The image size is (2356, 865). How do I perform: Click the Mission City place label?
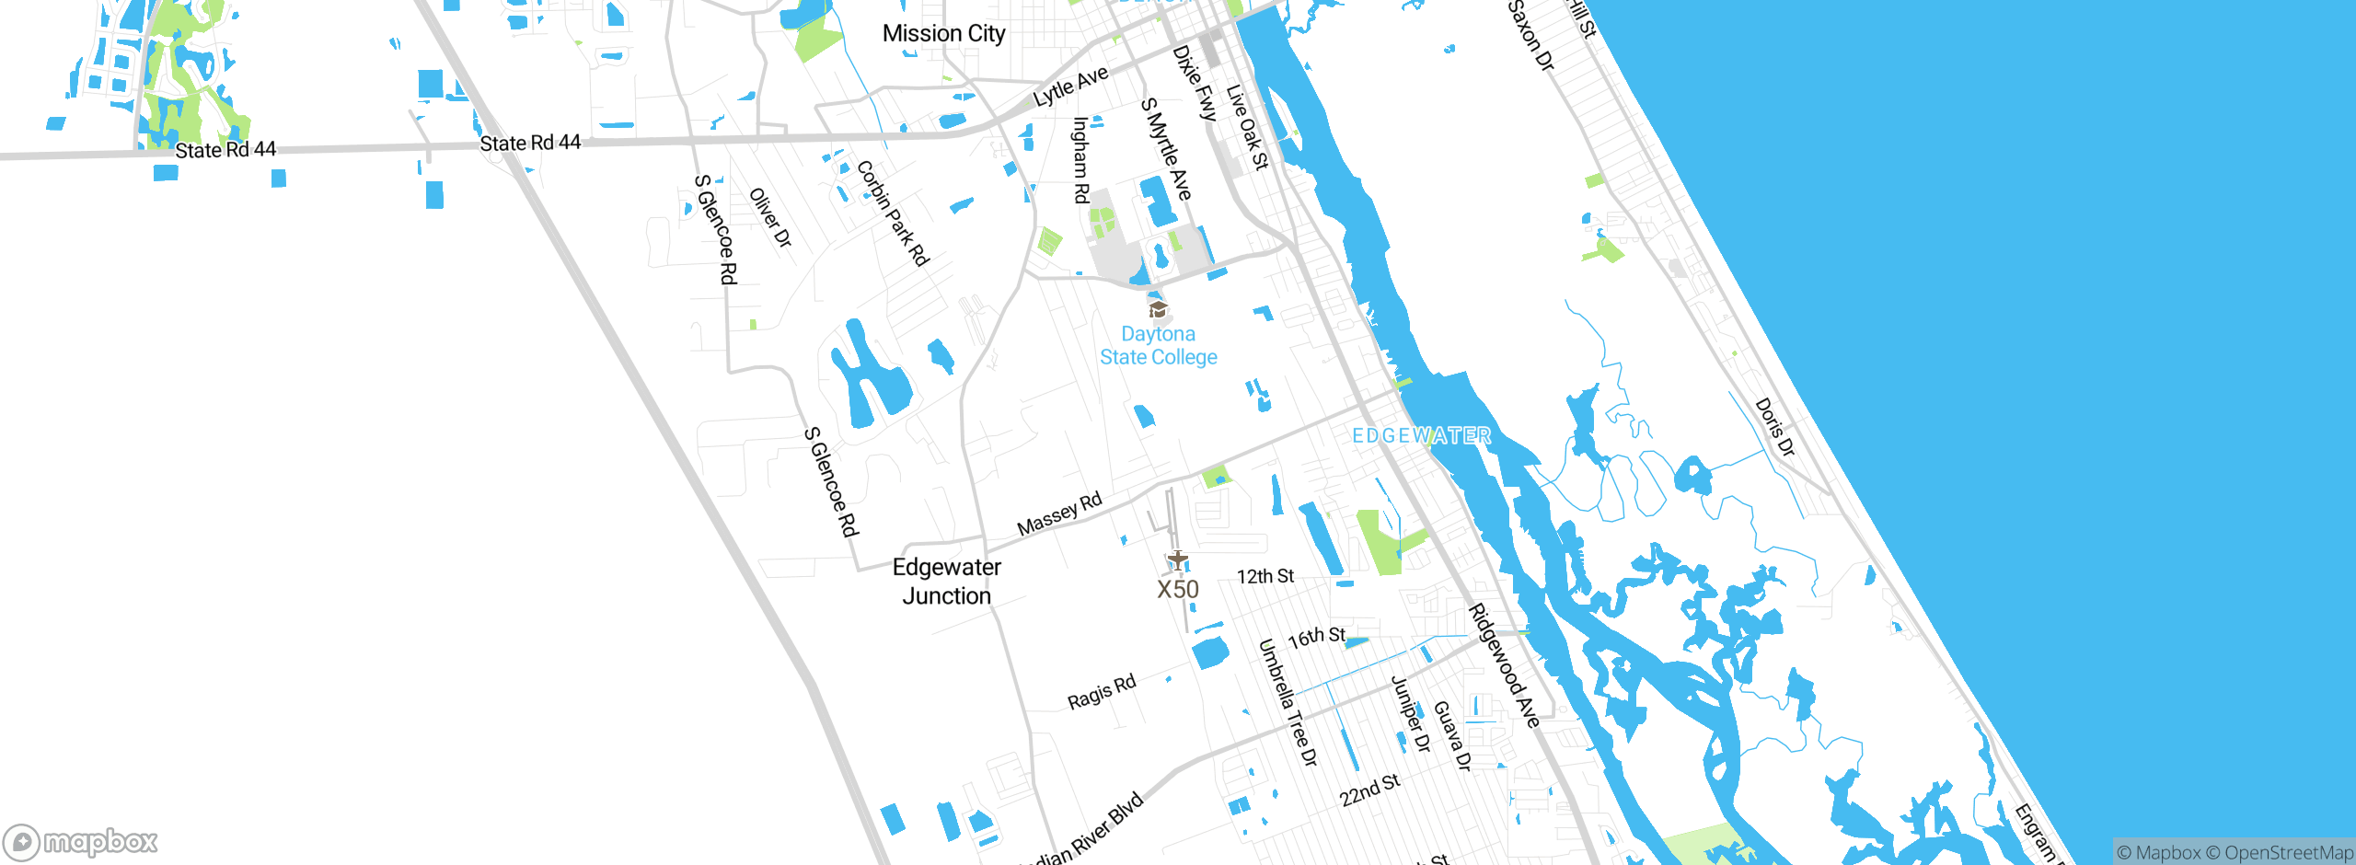click(943, 34)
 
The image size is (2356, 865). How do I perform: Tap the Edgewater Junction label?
click(946, 582)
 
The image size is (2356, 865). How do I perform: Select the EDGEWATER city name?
click(1421, 436)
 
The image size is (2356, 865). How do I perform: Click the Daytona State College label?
click(1159, 346)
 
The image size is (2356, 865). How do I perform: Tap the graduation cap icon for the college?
click(1158, 309)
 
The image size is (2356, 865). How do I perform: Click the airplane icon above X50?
click(1177, 559)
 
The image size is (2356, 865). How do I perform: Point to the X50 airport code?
click(1178, 590)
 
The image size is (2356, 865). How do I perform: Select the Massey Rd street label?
click(1059, 514)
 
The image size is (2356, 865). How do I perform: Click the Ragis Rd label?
click(1102, 692)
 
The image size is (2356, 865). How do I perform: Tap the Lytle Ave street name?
click(1070, 86)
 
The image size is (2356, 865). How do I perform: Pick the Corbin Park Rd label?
click(893, 213)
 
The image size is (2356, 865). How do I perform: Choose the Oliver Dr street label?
click(770, 218)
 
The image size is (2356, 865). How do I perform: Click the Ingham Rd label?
click(1081, 160)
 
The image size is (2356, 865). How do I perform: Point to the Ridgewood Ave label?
click(1504, 665)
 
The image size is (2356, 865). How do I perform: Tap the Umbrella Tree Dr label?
click(1288, 702)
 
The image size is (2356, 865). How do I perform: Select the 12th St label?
click(1265, 577)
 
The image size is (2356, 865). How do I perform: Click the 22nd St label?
click(1369, 790)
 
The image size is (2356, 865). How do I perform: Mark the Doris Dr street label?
click(1774, 427)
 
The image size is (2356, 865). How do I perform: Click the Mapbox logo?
click(81, 842)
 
